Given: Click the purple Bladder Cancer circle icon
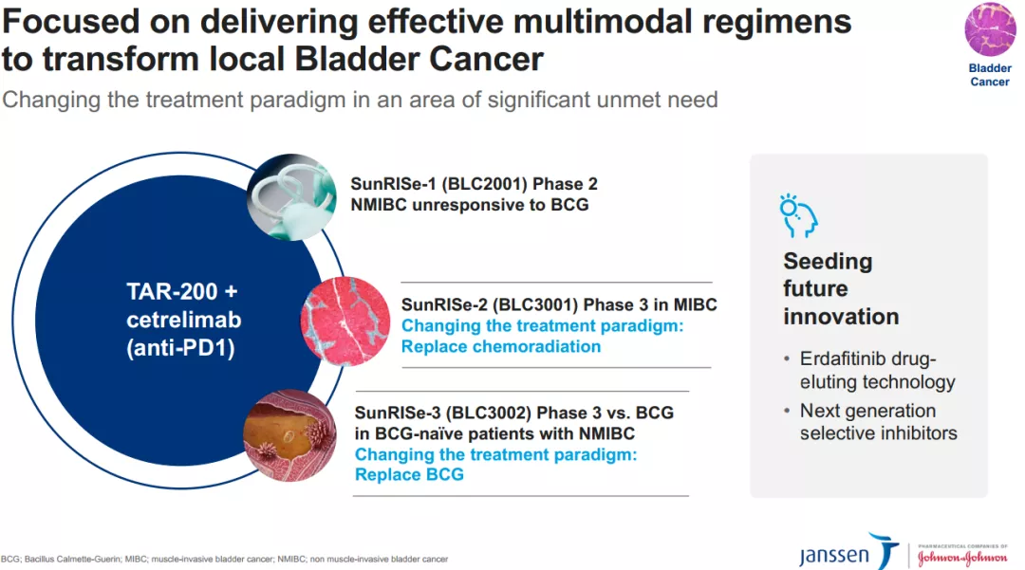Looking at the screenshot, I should [x=990, y=29].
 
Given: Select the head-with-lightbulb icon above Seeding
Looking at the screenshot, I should [x=798, y=215].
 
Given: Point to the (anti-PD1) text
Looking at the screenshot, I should [x=180, y=349].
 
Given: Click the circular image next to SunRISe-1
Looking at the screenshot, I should [x=291, y=197].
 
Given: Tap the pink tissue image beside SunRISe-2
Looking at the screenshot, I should [x=345, y=322].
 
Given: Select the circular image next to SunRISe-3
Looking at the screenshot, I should [x=289, y=435].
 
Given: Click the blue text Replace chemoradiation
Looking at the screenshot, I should [x=500, y=346].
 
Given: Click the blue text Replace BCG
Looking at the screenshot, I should [x=409, y=473].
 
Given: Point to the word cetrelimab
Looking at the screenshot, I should [x=180, y=321].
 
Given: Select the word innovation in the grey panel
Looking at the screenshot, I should [x=840, y=316].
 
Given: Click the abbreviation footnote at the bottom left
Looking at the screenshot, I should [x=224, y=560].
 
